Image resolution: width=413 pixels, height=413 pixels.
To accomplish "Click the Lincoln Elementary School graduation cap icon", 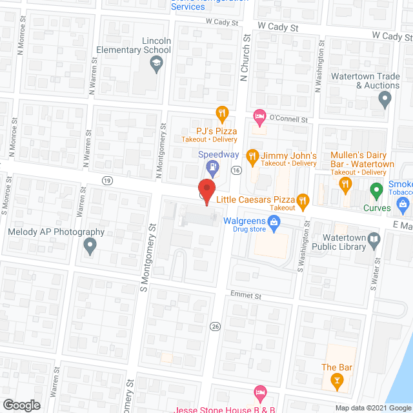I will coord(156,63).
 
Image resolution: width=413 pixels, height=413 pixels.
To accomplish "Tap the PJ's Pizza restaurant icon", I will coord(222,114).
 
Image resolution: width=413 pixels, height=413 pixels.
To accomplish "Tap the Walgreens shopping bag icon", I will coord(274,224).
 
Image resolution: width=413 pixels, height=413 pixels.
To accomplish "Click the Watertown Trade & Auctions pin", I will coord(385,100).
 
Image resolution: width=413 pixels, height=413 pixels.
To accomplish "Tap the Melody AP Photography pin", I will coord(90,245).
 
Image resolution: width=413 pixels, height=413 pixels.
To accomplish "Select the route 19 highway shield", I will coord(106,181).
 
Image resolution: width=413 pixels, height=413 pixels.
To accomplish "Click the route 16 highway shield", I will coord(237,170).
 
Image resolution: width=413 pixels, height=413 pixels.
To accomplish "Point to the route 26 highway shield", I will coord(215,327).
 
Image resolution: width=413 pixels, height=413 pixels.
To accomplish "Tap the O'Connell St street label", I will coord(288,119).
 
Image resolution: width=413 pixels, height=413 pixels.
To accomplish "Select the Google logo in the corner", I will coord(21,405).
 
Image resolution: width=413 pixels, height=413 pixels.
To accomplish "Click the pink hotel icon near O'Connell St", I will coord(259,117).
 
